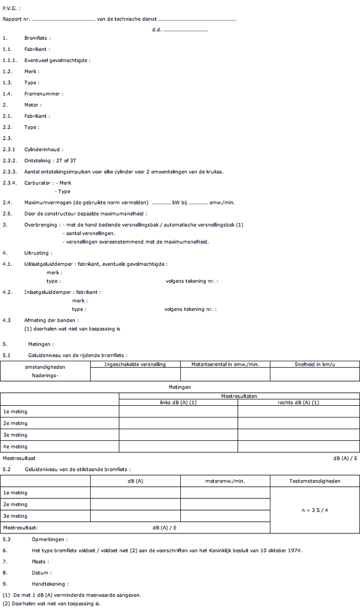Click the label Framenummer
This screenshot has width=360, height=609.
point(43,94)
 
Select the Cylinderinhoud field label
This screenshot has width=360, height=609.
point(43,150)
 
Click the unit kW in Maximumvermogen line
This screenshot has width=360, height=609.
point(176,203)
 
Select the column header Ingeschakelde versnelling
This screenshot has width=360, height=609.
point(135,364)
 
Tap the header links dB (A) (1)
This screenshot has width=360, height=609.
point(178,402)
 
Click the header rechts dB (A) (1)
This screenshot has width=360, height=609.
point(298,402)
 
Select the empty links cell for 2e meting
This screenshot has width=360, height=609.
point(178,423)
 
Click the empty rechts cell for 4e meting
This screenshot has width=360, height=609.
point(298,447)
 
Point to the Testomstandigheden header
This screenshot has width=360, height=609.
point(314,481)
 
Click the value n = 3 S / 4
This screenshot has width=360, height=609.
point(314,510)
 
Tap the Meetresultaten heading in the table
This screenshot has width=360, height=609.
point(238,396)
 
